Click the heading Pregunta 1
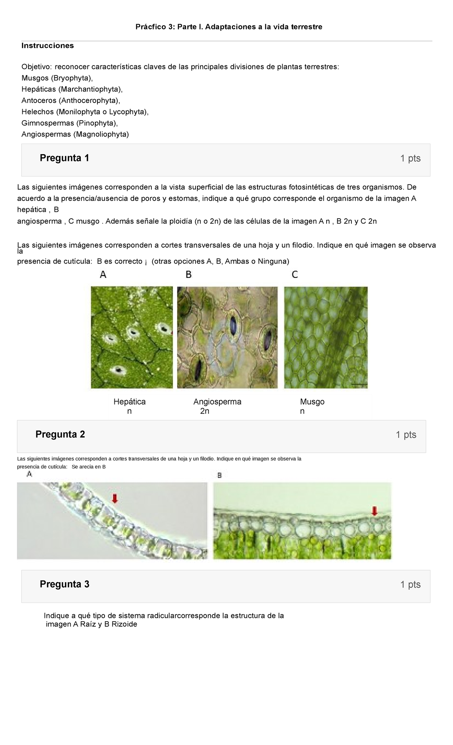[64, 158]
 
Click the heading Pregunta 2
[60, 434]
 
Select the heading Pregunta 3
[64, 584]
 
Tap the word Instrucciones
[48, 46]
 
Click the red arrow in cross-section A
[115, 499]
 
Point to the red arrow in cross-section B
[374, 511]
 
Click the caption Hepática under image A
[129, 402]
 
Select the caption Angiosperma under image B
[217, 402]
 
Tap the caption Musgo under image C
[312, 402]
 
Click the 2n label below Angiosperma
[205, 411]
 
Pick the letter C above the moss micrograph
[295, 275]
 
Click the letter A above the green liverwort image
[103, 275]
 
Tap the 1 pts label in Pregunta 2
[406, 435]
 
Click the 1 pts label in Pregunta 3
[410, 585]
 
